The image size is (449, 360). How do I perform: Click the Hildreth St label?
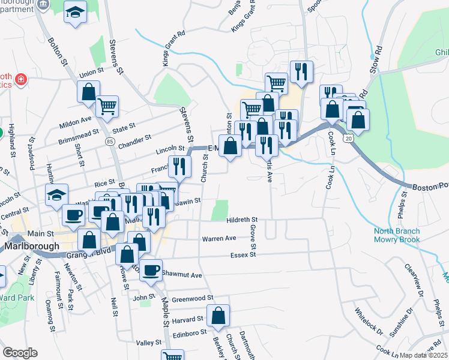(x=243, y=221)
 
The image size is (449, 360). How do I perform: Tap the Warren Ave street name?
(x=219, y=238)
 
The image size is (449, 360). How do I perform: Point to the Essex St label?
(x=243, y=255)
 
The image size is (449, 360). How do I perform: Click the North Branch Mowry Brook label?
(x=400, y=235)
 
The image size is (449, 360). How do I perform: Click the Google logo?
(x=20, y=353)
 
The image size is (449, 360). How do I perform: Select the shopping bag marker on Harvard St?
(x=218, y=314)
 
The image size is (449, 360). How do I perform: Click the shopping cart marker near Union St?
(x=107, y=106)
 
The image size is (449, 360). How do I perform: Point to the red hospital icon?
(x=20, y=79)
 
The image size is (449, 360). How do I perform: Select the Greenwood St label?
(x=193, y=298)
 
